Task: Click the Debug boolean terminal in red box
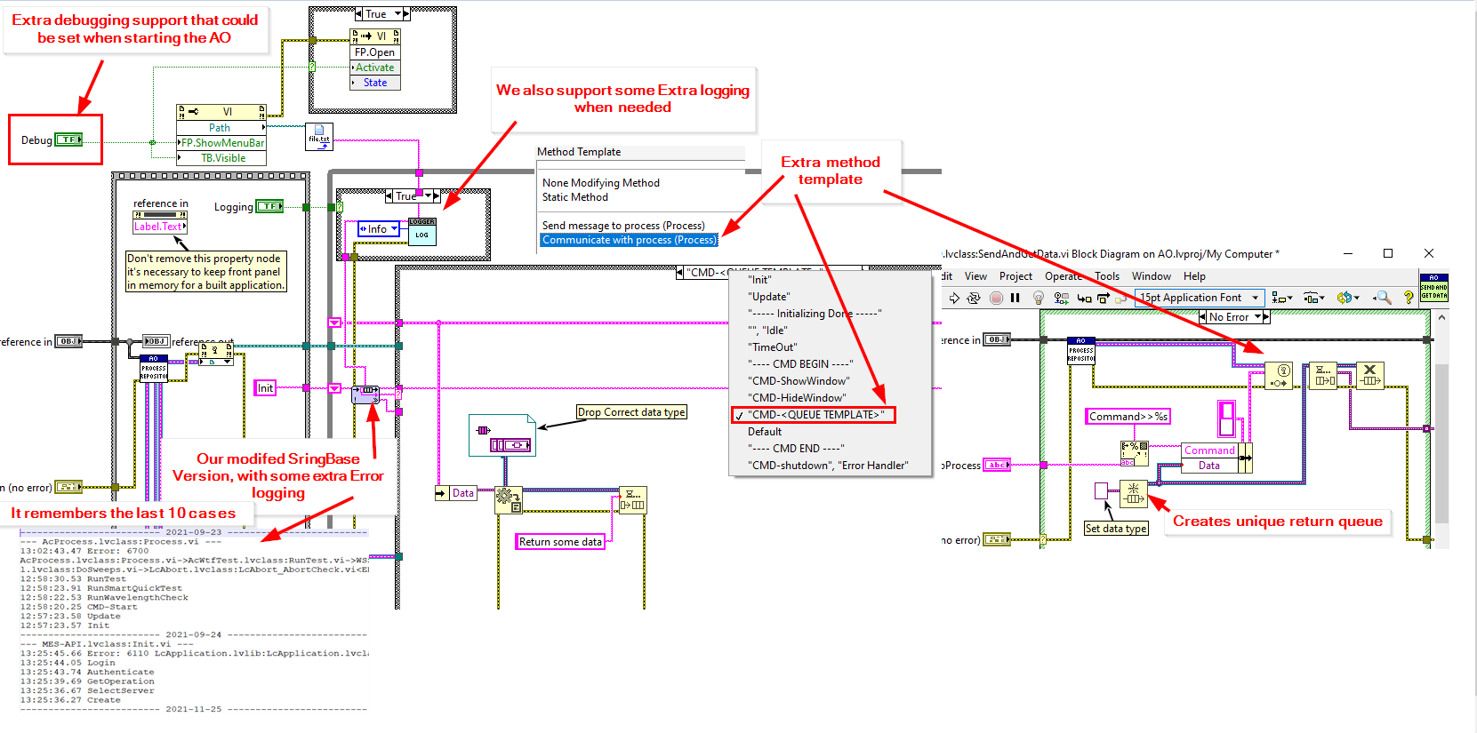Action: pos(68,139)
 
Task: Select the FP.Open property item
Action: pos(374,52)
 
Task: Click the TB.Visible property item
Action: pos(222,158)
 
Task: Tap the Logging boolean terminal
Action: pos(269,206)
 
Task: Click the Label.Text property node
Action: pos(158,227)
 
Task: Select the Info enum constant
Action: pos(379,229)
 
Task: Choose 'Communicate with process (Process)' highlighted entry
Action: pos(629,240)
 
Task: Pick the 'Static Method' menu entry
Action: pos(575,197)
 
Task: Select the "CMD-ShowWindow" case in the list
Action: pos(799,381)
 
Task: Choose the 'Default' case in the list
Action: pos(765,432)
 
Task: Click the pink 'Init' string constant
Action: pos(265,388)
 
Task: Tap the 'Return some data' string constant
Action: pos(560,542)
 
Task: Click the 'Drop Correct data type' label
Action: pos(631,412)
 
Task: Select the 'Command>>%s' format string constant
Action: pos(1128,417)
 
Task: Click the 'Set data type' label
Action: pos(1115,529)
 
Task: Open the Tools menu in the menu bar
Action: pos(1107,276)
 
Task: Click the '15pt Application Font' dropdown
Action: pos(1199,298)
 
